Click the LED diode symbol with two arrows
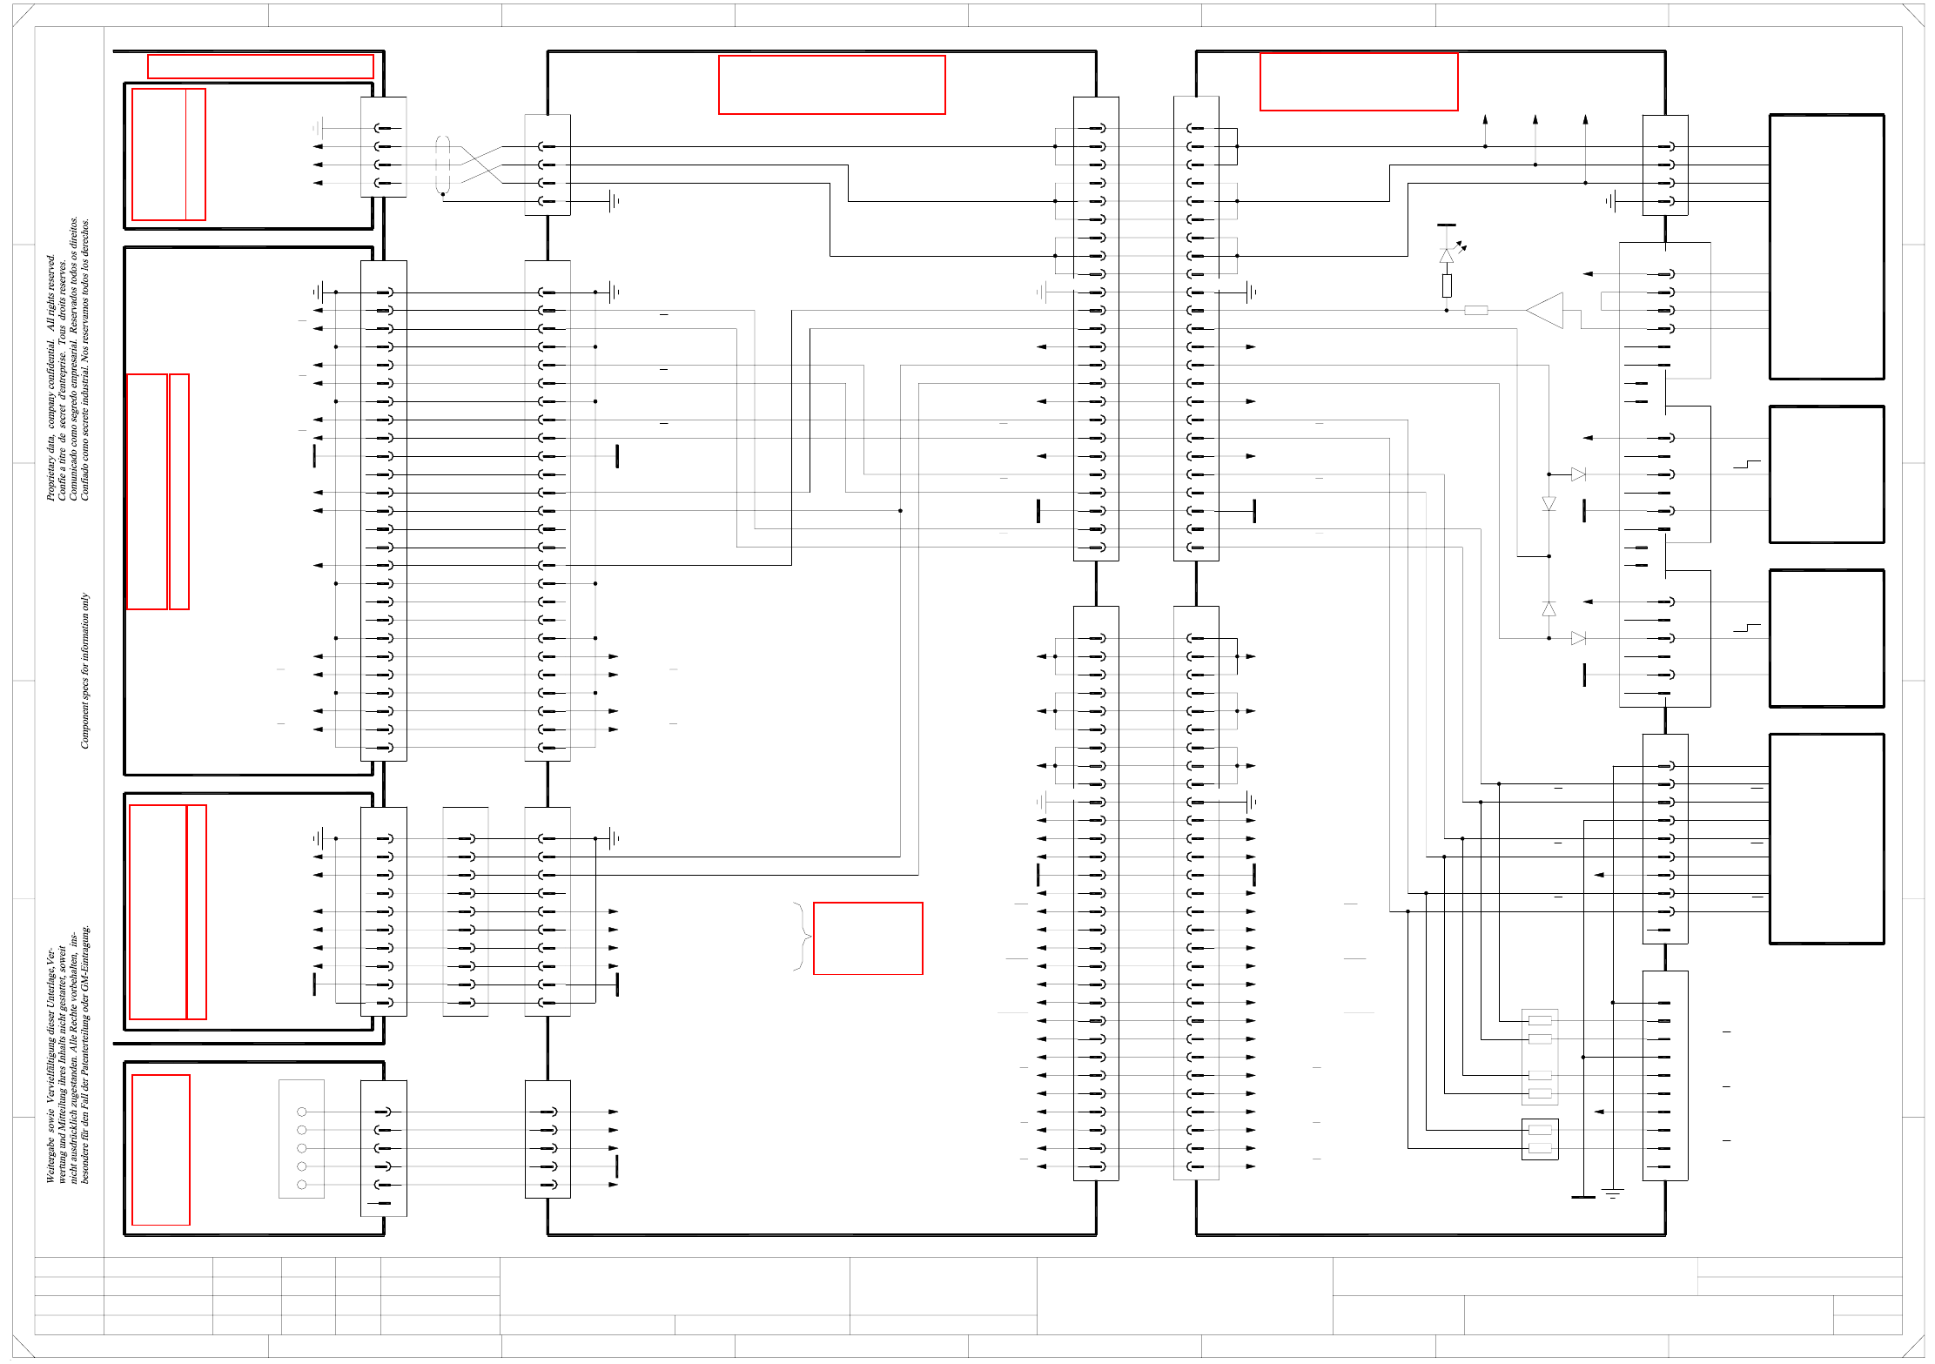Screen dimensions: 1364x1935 click(x=1447, y=255)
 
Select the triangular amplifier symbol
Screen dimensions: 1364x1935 click(x=1547, y=310)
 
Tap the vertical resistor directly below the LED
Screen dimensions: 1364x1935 click(x=1447, y=286)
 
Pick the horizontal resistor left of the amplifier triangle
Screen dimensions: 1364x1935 click(x=1476, y=310)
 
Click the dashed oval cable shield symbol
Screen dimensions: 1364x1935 click(x=443, y=165)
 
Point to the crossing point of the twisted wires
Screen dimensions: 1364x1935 click(x=481, y=165)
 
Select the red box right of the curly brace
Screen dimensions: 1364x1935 click(x=868, y=938)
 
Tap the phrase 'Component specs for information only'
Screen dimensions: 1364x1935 click(x=85, y=670)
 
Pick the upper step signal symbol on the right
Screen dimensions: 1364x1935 click(x=1746, y=465)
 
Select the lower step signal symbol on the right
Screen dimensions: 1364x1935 click(x=1746, y=628)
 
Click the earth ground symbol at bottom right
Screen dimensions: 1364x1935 click(x=1613, y=1193)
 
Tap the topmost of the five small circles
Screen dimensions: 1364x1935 click(x=302, y=1112)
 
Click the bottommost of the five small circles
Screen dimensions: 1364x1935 click(x=302, y=1185)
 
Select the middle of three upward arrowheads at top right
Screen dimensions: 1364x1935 click(x=1535, y=119)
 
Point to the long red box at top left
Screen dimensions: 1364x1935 click(x=260, y=67)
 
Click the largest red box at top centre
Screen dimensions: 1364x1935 click(x=832, y=84)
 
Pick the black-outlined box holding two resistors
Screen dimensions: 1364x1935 click(x=1540, y=1139)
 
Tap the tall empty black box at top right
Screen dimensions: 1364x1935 click(x=1826, y=247)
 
